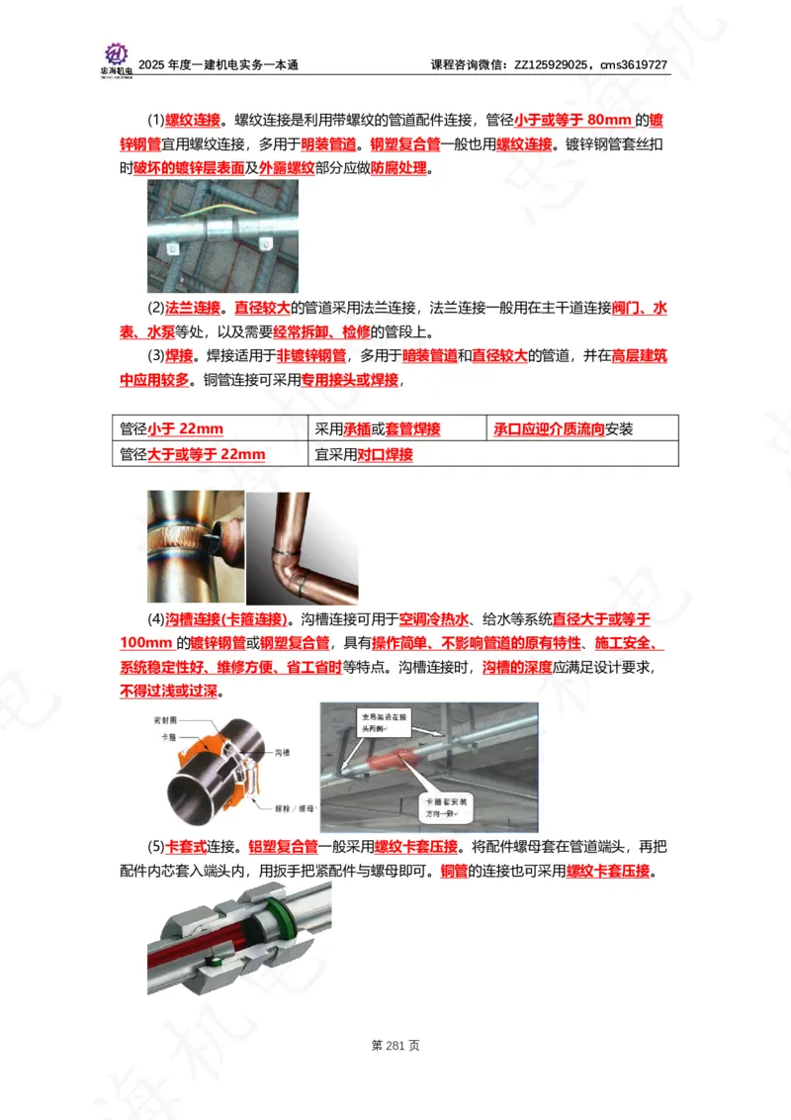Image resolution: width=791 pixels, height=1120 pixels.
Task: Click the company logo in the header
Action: click(x=116, y=56)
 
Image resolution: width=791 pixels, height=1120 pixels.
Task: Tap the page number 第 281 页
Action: click(x=395, y=1045)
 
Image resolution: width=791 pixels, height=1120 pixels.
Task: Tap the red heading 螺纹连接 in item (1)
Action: click(x=192, y=121)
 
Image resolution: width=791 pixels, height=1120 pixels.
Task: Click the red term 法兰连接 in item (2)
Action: click(x=192, y=308)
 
